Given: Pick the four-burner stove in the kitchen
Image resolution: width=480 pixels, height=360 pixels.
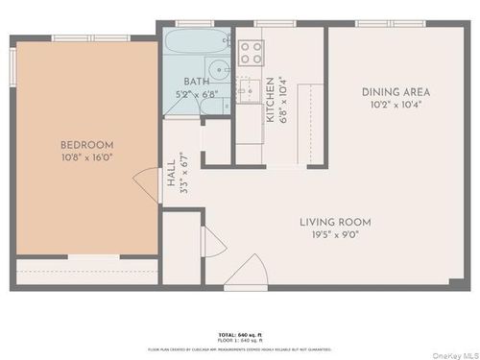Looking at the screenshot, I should (x=252, y=52).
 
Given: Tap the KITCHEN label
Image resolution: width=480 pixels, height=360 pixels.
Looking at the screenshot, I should (x=271, y=99).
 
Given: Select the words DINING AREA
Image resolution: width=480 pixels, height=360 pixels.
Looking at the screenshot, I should (x=396, y=92).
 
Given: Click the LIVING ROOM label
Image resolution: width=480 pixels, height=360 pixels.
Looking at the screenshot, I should (x=334, y=222).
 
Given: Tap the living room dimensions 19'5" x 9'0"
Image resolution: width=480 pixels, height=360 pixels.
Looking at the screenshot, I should (x=334, y=234).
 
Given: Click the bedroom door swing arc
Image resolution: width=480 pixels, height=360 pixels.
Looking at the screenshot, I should (x=146, y=182).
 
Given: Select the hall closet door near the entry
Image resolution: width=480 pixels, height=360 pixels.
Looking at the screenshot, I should (x=211, y=240).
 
